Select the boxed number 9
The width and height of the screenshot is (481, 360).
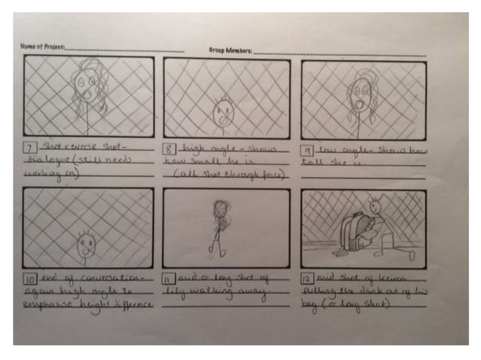point(307,151)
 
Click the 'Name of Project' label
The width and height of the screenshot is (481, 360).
point(41,47)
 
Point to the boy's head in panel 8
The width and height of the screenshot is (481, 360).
point(223,112)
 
